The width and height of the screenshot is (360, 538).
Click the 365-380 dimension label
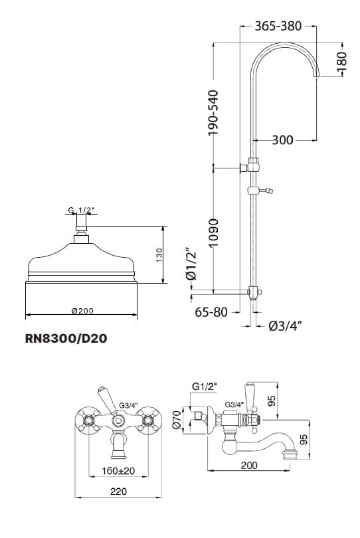278,26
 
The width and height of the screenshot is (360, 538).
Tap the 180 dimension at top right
342,61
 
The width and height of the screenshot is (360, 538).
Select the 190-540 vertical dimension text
213,112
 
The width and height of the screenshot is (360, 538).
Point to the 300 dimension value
282,140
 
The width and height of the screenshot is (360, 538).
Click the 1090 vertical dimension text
213,232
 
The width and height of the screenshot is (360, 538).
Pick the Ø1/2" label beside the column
191,264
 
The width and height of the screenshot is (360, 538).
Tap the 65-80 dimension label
211,312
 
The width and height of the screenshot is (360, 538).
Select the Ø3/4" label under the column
285,325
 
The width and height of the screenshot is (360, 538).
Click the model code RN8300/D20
66,338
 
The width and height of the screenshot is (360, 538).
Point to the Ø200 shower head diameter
82,311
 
